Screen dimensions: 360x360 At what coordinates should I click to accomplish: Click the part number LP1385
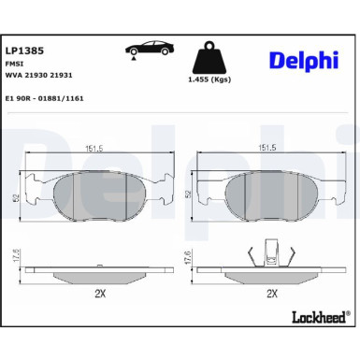tap(24, 50)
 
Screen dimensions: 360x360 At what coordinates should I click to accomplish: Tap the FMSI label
tap(14, 64)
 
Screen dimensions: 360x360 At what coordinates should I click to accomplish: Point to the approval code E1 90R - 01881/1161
tap(45, 98)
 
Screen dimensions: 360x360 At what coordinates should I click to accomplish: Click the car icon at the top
tap(150, 50)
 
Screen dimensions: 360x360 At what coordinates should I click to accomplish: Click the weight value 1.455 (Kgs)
tap(209, 79)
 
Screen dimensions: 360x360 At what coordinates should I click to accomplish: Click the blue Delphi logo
tap(304, 60)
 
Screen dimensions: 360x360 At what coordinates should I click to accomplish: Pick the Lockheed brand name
tap(319, 317)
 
